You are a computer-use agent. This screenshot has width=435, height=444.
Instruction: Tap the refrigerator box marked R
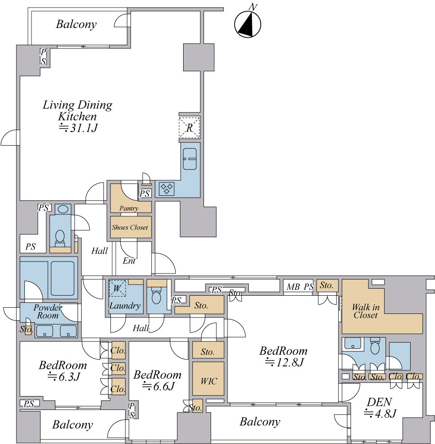click(189, 127)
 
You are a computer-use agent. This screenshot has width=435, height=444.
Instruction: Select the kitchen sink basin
click(189, 159)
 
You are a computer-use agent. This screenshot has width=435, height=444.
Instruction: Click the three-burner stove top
click(167, 189)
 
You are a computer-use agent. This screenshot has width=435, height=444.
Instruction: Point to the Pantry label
click(129, 208)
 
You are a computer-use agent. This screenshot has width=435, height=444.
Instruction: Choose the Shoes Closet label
click(130, 227)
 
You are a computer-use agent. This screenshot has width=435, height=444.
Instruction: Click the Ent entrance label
click(129, 261)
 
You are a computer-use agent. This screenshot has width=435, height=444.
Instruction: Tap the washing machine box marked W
click(117, 288)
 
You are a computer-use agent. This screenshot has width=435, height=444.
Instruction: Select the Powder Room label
click(47, 311)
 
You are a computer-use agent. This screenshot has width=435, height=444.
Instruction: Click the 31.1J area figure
click(78, 128)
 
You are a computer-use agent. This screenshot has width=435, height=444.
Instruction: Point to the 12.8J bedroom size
click(284, 362)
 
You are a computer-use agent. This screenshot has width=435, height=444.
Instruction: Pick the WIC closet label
click(209, 381)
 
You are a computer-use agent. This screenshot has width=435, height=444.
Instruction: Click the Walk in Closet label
click(365, 311)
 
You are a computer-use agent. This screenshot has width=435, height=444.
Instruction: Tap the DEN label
click(379, 402)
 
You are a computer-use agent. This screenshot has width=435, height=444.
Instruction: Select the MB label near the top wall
click(293, 287)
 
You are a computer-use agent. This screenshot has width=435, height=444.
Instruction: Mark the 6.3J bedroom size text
click(64, 377)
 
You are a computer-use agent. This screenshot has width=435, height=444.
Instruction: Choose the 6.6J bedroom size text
click(159, 386)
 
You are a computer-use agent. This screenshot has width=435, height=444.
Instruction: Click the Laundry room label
click(125, 305)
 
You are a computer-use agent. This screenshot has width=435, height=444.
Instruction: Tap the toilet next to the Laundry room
click(156, 296)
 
